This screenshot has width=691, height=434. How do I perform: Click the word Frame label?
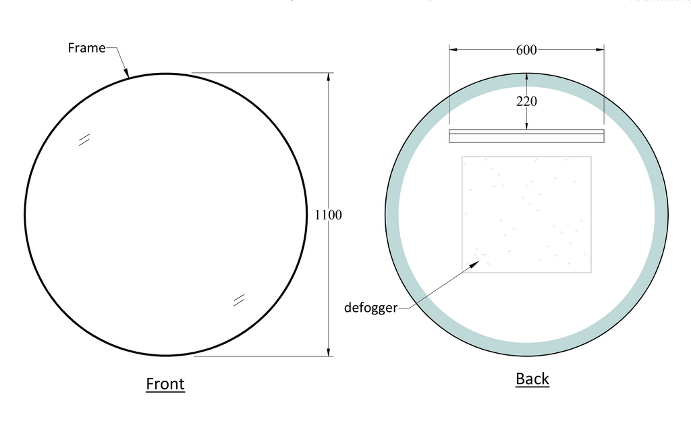[x=86, y=48]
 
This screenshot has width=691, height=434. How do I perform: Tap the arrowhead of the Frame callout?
[x=126, y=74]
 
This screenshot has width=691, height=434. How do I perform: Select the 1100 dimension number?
[x=329, y=215]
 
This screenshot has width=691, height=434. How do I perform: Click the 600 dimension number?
[x=526, y=50]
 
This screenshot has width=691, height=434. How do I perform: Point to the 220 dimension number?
[x=526, y=103]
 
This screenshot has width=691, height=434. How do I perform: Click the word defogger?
[x=370, y=308]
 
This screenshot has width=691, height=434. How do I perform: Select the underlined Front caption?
[x=165, y=384]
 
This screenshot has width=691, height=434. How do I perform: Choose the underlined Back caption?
[x=532, y=379]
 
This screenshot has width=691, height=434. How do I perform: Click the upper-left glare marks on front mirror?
[x=84, y=139]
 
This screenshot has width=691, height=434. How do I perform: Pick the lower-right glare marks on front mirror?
[x=239, y=300]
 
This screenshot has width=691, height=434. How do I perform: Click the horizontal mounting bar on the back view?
[x=526, y=136]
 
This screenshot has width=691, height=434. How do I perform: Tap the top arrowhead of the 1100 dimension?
[x=329, y=76]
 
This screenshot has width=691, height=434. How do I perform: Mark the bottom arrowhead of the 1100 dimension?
[x=329, y=352]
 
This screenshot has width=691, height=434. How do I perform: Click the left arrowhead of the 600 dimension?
[x=453, y=49]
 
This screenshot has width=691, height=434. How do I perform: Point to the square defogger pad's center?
[x=526, y=215]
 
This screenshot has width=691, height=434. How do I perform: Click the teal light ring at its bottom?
[x=526, y=349]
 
